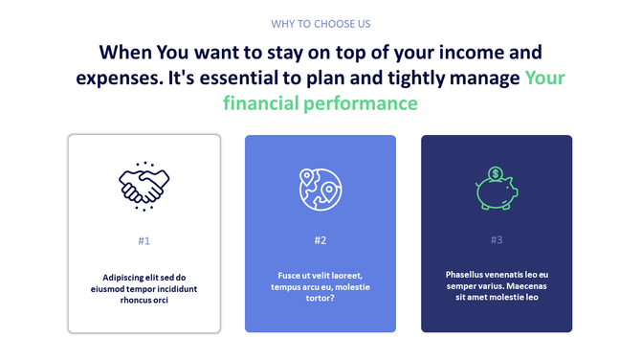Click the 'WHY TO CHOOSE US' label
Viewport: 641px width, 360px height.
coord(320,23)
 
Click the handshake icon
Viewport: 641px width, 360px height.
coord(144,183)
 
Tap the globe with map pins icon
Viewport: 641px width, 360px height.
coord(320,189)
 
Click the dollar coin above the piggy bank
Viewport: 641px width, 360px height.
coord(496,174)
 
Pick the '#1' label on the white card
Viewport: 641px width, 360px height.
coord(144,240)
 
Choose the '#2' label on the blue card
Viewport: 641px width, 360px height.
coord(320,240)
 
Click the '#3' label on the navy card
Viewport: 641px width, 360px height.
coord(497,240)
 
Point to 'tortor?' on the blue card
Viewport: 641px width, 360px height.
coord(320,298)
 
